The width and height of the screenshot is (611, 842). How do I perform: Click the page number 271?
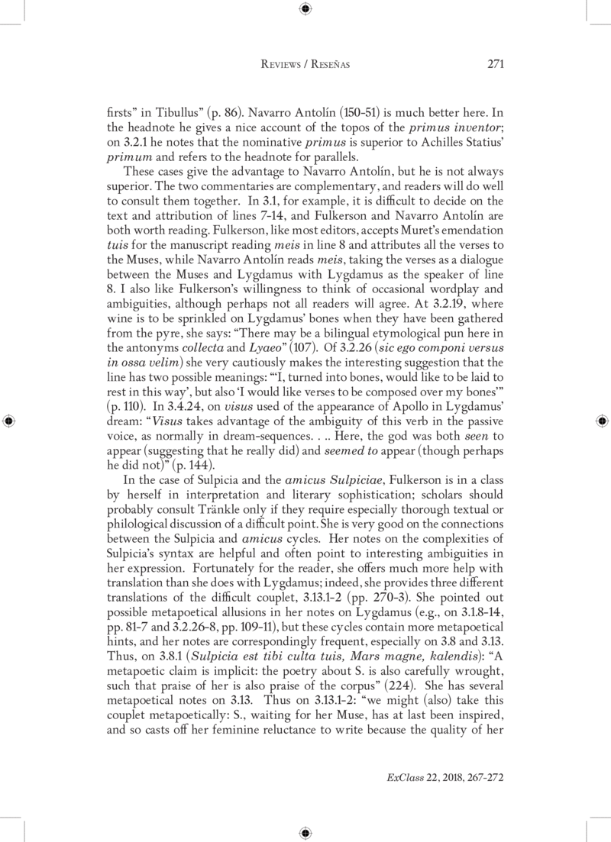click(x=493, y=65)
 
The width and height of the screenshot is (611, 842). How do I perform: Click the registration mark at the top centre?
click(x=305, y=9)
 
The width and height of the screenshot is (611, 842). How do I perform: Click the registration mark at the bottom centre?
click(x=305, y=831)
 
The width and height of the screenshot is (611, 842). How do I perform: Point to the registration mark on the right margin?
click(x=603, y=421)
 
